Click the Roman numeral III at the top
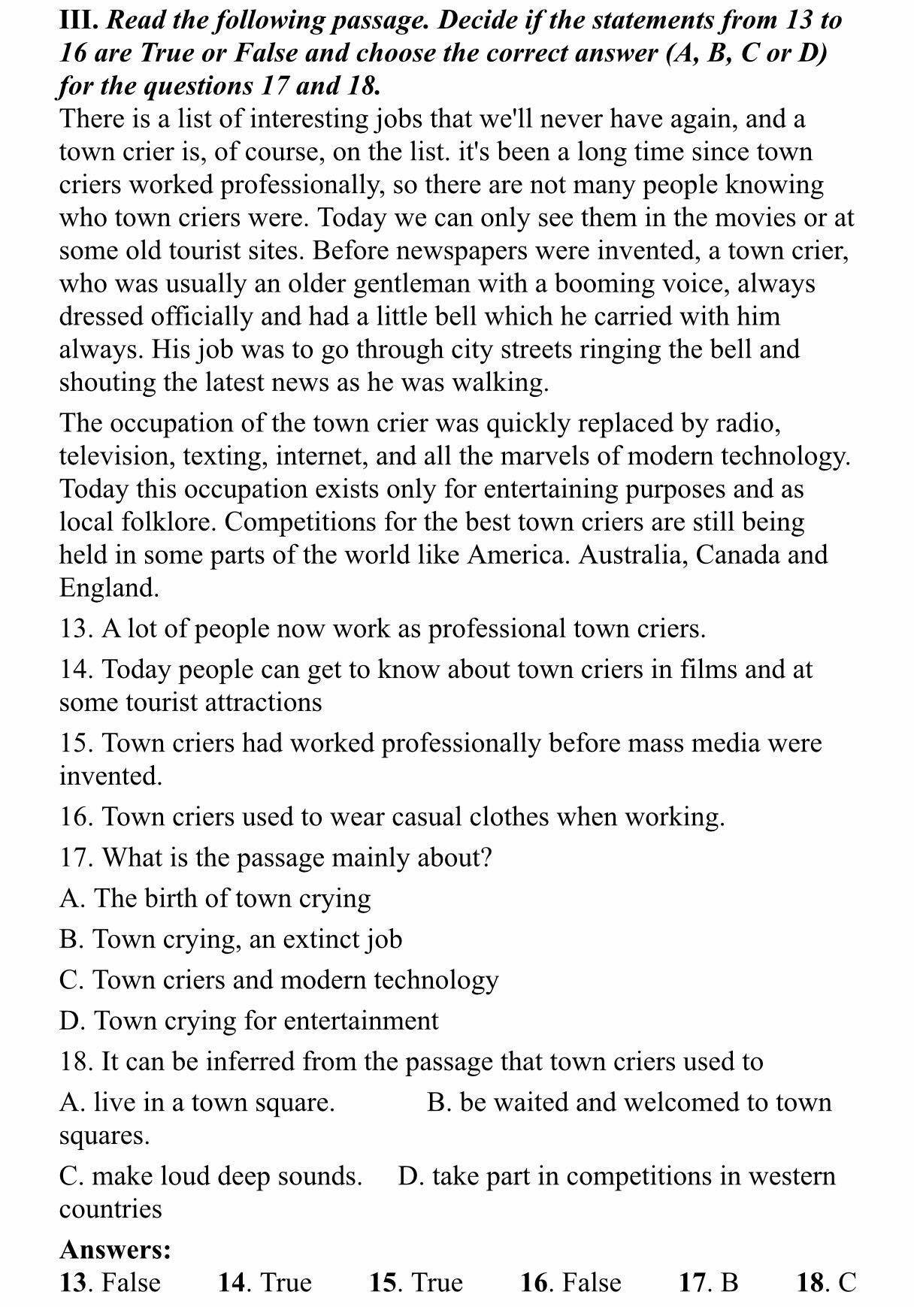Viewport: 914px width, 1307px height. point(78,20)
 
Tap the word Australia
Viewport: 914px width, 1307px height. point(628,555)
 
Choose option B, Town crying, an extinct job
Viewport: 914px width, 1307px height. point(231,939)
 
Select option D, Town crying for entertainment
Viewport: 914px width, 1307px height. point(249,1021)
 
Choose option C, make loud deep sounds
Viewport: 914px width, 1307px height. point(210,1176)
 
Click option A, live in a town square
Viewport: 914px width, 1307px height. point(197,1103)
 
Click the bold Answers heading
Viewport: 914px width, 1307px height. point(116,1250)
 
